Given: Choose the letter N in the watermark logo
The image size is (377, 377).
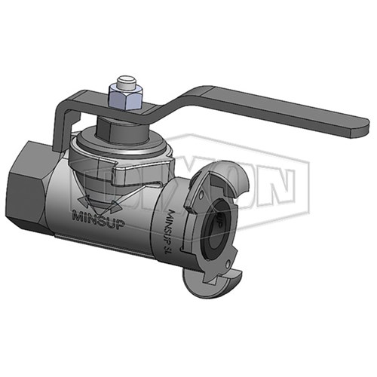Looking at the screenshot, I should (279, 184).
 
